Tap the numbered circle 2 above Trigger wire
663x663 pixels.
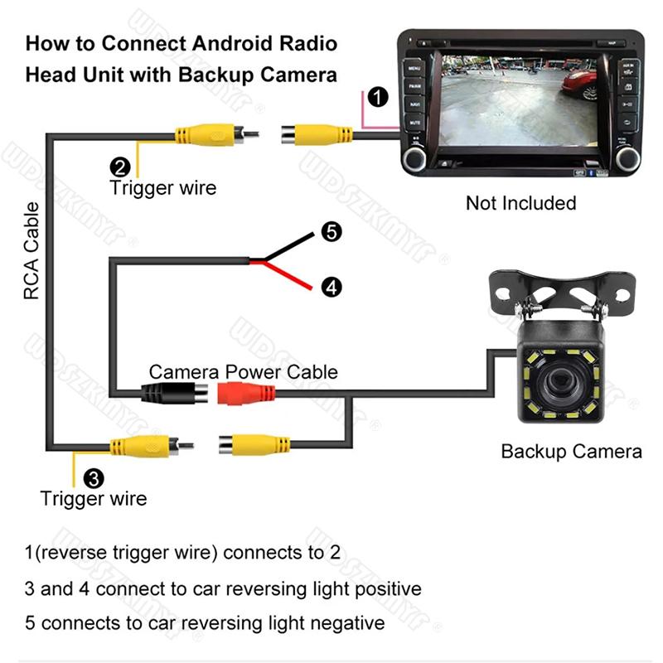pos(119,164)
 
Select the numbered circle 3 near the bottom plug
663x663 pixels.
pos(94,477)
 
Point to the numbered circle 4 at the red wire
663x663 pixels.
pos(331,288)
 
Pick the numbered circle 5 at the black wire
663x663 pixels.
pos(330,232)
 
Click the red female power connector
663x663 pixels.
pos(246,392)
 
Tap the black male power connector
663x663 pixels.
pos(172,393)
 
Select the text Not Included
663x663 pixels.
pos(520,203)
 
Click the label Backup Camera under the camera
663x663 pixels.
pos(571,452)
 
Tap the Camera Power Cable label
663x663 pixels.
pos(243,371)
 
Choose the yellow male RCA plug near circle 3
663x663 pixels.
pos(144,448)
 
